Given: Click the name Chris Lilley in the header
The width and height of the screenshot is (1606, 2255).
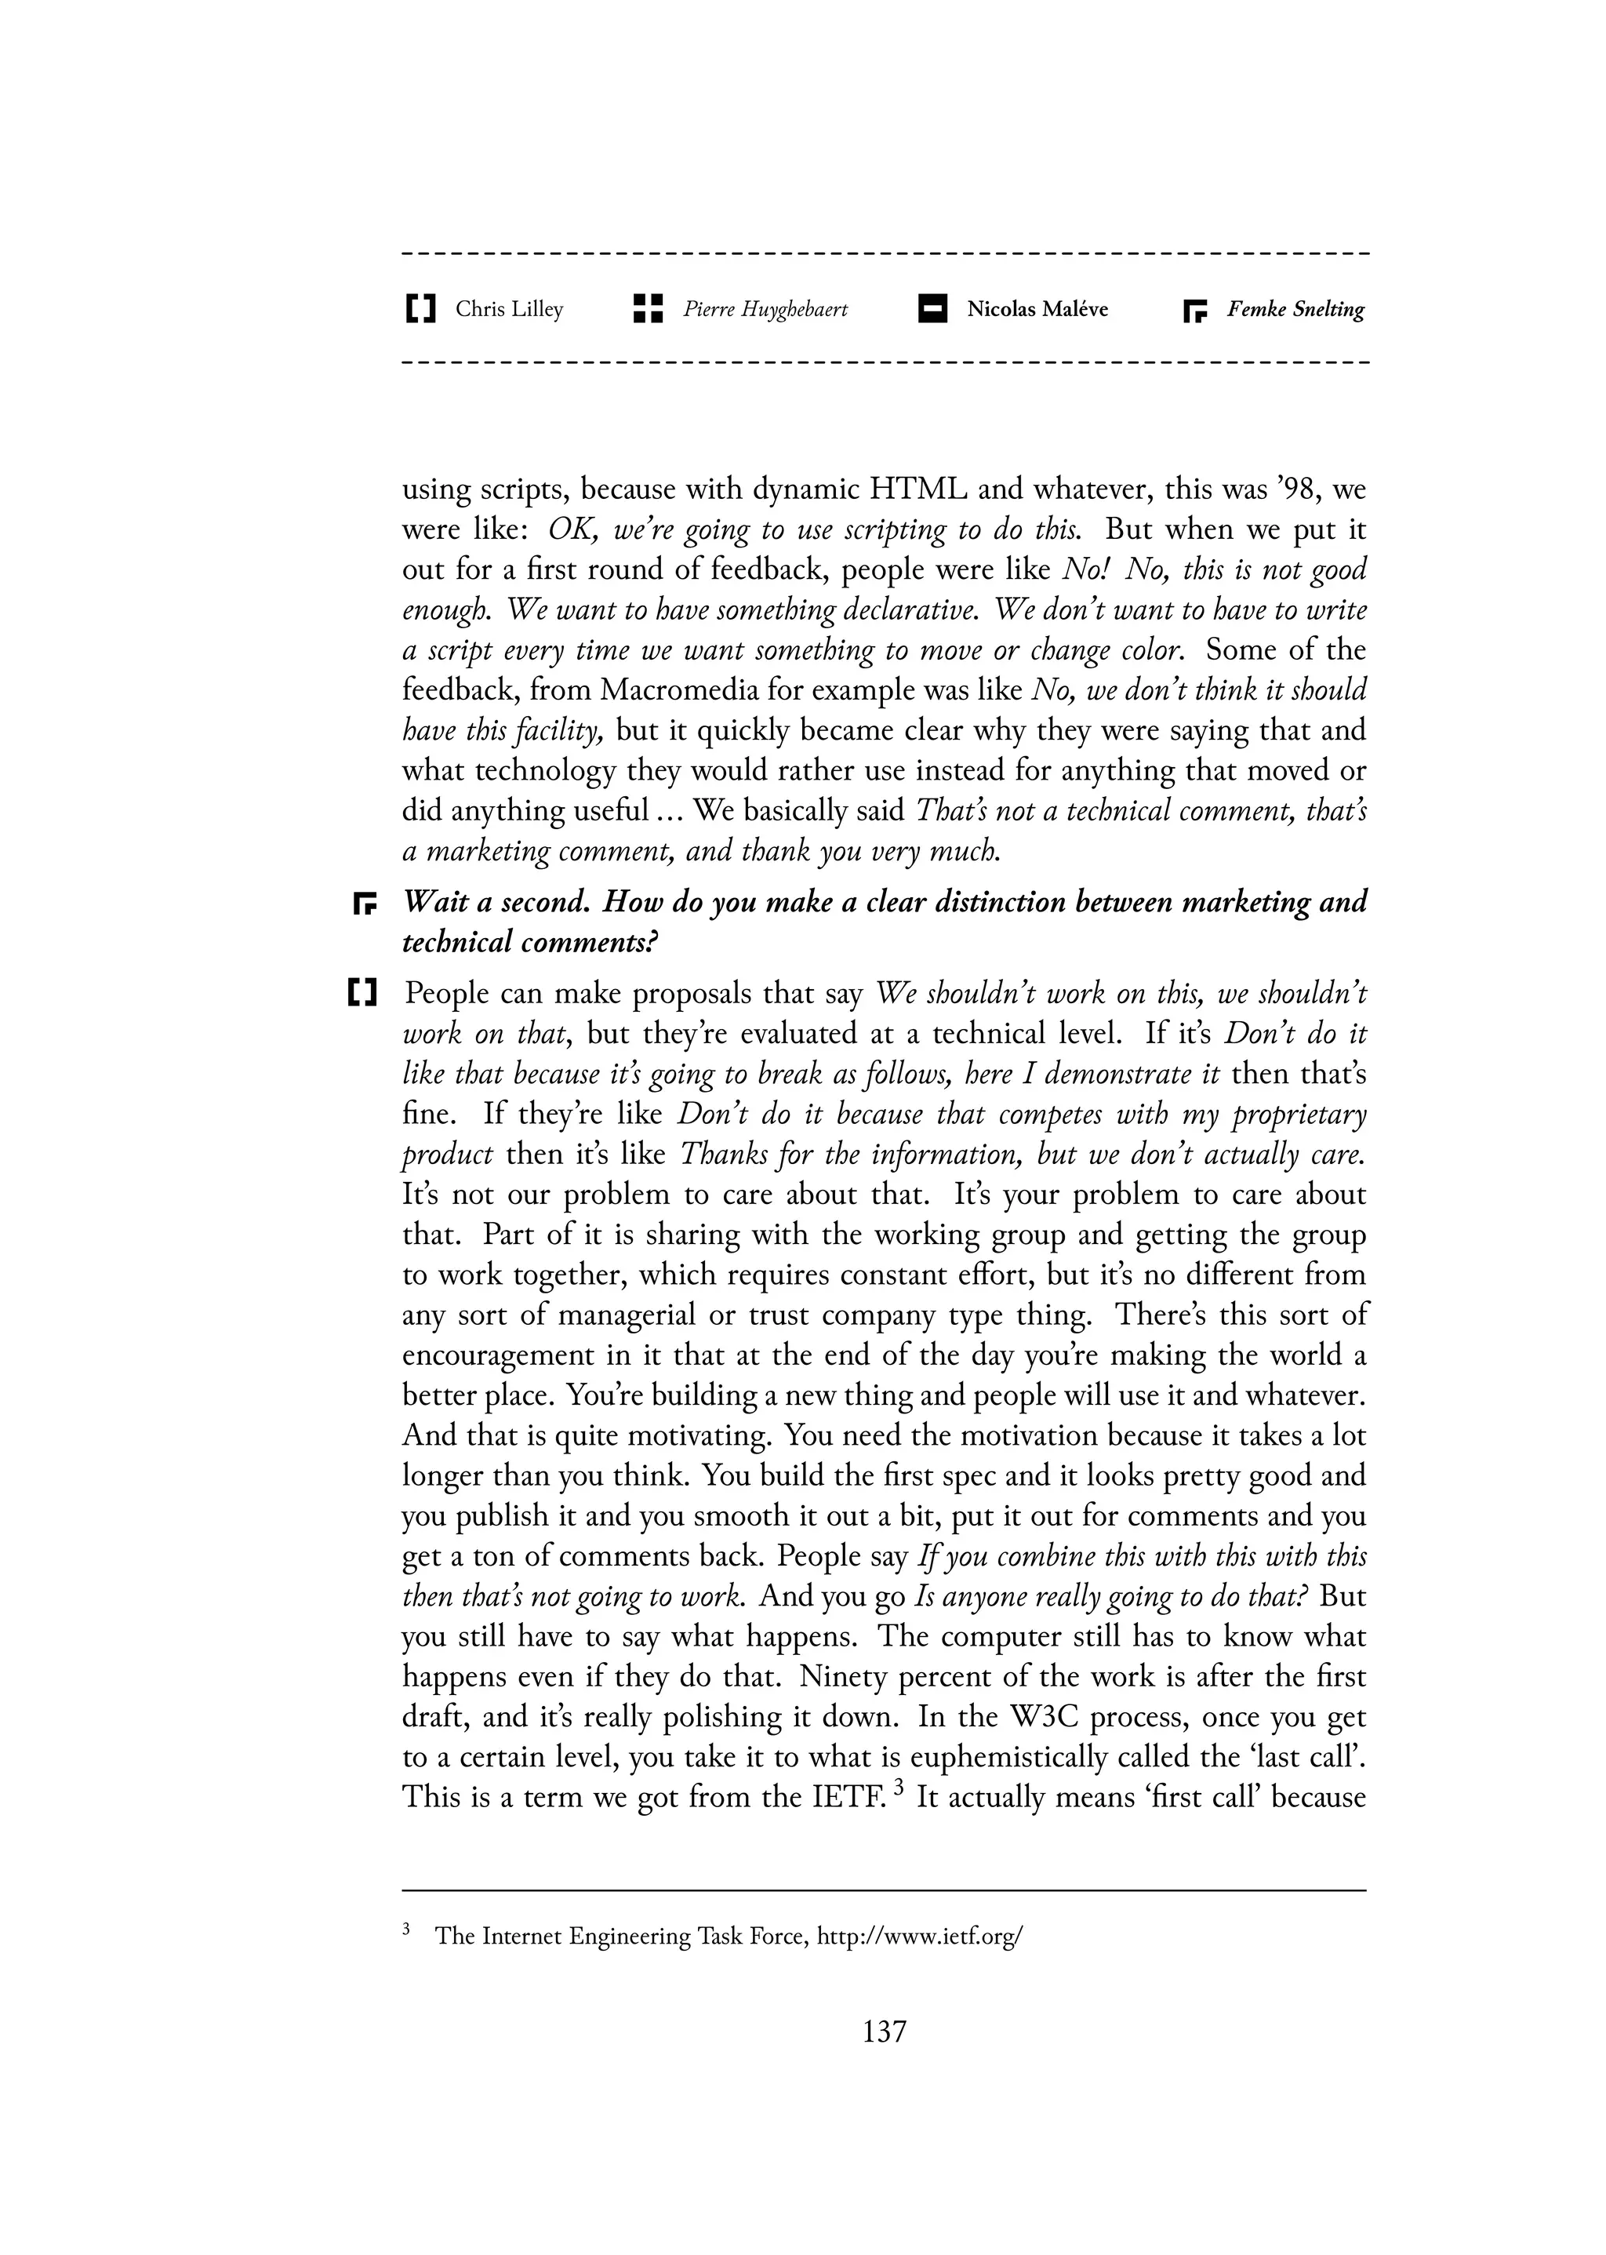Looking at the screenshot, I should (508, 310).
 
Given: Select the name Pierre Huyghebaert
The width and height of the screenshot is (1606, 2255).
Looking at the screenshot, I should (765, 310).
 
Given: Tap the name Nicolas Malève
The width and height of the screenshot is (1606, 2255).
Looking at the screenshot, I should (1037, 310).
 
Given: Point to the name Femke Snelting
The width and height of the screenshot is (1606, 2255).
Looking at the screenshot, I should (1295, 310).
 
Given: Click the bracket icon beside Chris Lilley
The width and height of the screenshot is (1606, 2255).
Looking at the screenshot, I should (420, 310).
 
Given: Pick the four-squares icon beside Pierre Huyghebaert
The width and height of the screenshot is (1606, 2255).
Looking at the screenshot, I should (647, 308).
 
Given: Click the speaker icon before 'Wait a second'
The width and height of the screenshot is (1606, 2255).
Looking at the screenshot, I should (366, 903).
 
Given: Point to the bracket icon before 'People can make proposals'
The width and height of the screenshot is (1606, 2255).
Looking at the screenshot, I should (363, 992).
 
